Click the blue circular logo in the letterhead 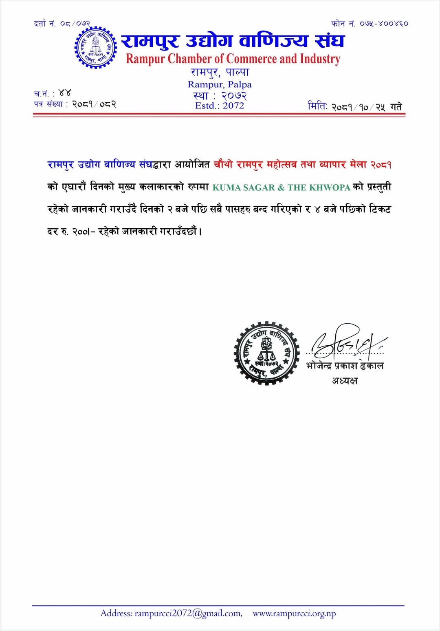(95, 48)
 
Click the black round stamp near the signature (266, 353)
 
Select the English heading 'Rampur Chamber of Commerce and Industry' (233, 59)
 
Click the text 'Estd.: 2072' (220, 106)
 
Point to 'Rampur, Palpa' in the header (220, 84)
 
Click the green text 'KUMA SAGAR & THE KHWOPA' (281, 188)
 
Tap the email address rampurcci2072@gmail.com (188, 613)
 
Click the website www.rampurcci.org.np (294, 613)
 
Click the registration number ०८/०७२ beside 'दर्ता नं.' (75, 24)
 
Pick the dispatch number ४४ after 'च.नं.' (64, 93)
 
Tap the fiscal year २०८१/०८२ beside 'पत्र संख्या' (94, 104)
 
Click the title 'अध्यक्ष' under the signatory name (345, 381)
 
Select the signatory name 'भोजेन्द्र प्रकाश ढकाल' (345, 366)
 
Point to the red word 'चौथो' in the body (223, 165)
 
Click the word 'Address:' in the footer (117, 613)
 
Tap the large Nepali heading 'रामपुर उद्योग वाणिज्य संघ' (233, 41)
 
